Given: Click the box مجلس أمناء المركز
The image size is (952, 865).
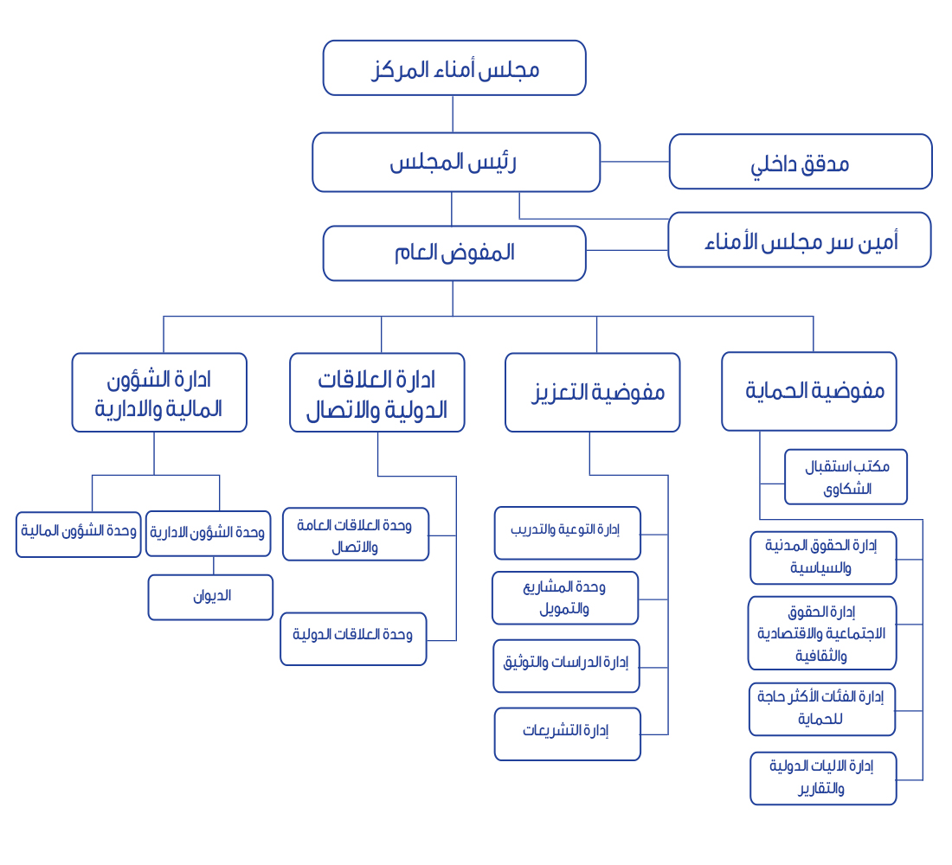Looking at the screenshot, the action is pyautogui.click(x=454, y=68).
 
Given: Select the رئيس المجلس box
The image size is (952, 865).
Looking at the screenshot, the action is pyautogui.click(x=456, y=162).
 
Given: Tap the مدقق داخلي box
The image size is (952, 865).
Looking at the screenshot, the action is pyautogui.click(x=801, y=162).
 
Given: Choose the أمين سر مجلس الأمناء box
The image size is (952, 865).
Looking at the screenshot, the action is pyautogui.click(x=799, y=240).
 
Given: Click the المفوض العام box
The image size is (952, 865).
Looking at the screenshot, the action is pyautogui.click(x=454, y=253).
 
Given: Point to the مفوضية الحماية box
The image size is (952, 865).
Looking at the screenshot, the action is pyautogui.click(x=808, y=392).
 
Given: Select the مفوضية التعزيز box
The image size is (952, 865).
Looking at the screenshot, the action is pyautogui.click(x=592, y=393).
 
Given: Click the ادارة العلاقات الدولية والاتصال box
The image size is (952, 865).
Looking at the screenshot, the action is pyautogui.click(x=377, y=393).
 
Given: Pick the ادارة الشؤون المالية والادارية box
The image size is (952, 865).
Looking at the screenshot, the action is pyautogui.click(x=159, y=393).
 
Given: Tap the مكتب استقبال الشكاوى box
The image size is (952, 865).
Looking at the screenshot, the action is pyautogui.click(x=846, y=477).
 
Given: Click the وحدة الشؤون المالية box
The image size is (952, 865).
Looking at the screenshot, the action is pyautogui.click(x=78, y=535).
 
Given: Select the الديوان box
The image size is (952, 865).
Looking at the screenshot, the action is pyautogui.click(x=210, y=598).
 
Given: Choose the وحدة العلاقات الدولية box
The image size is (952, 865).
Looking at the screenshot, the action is pyautogui.click(x=353, y=639).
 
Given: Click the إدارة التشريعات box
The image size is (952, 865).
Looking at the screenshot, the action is pyautogui.click(x=567, y=734).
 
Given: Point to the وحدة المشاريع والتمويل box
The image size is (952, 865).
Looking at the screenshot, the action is pyautogui.click(x=565, y=598).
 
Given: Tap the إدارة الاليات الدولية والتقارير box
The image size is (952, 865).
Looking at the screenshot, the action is pyautogui.click(x=823, y=778).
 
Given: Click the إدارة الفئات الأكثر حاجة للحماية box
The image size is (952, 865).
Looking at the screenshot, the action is pyautogui.click(x=822, y=709).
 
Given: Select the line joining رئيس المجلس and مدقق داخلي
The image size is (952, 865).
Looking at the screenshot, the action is pyautogui.click(x=634, y=162).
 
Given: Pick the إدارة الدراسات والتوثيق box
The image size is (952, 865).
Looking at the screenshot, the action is pyautogui.click(x=567, y=666).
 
